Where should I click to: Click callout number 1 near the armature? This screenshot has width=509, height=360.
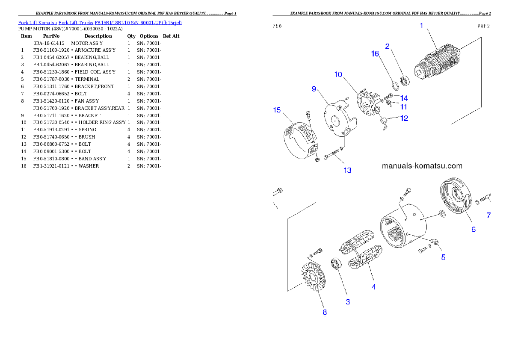click(x=421, y=26)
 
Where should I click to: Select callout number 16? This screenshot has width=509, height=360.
click(x=375, y=54)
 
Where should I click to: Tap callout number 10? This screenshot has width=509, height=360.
click(x=338, y=74)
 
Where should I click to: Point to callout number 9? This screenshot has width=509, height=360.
click(x=314, y=89)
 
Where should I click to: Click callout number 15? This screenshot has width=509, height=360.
click(x=277, y=110)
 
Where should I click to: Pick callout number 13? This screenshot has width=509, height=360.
click(x=347, y=170)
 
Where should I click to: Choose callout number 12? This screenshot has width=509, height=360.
click(x=404, y=118)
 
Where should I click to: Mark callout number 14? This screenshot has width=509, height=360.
click(x=404, y=98)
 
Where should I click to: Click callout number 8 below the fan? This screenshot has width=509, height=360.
click(x=325, y=312)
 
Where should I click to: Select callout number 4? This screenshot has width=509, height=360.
click(x=374, y=287)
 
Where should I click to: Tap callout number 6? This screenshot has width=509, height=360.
click(x=473, y=230)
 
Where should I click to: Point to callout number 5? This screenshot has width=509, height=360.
click(x=444, y=257)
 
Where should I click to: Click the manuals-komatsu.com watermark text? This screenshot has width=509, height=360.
click(x=422, y=166)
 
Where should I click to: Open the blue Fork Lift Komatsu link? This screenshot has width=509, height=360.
click(x=100, y=23)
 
